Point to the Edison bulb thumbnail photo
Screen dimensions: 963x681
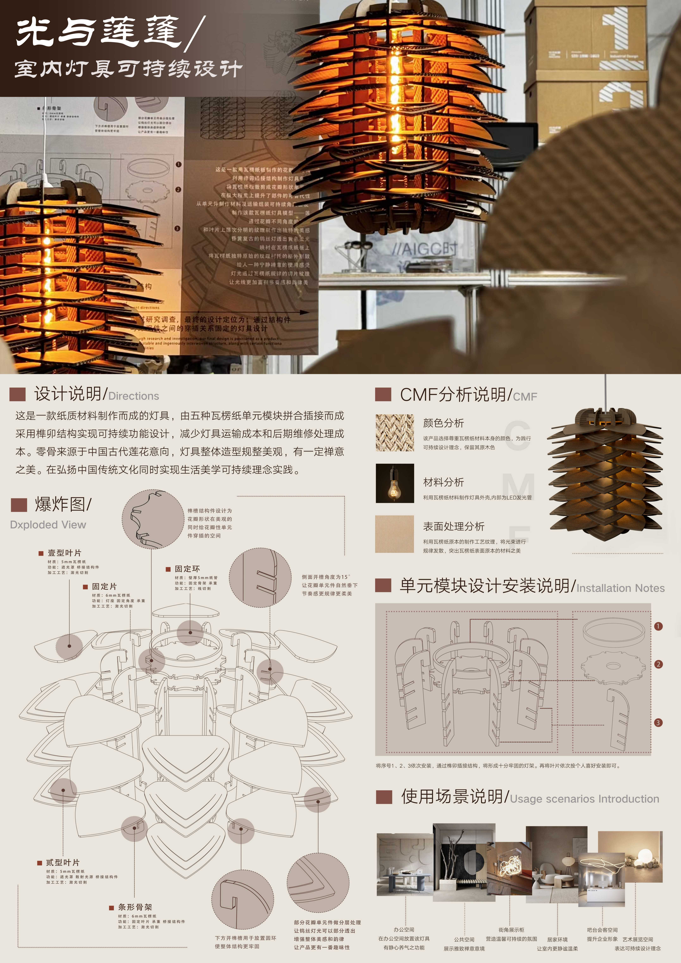[394, 483]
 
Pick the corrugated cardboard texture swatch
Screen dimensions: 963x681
[394, 534]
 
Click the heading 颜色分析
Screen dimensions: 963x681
[443, 423]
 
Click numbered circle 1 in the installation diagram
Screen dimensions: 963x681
[658, 626]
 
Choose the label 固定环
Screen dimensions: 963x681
[187, 569]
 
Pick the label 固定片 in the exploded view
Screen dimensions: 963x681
[104, 586]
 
